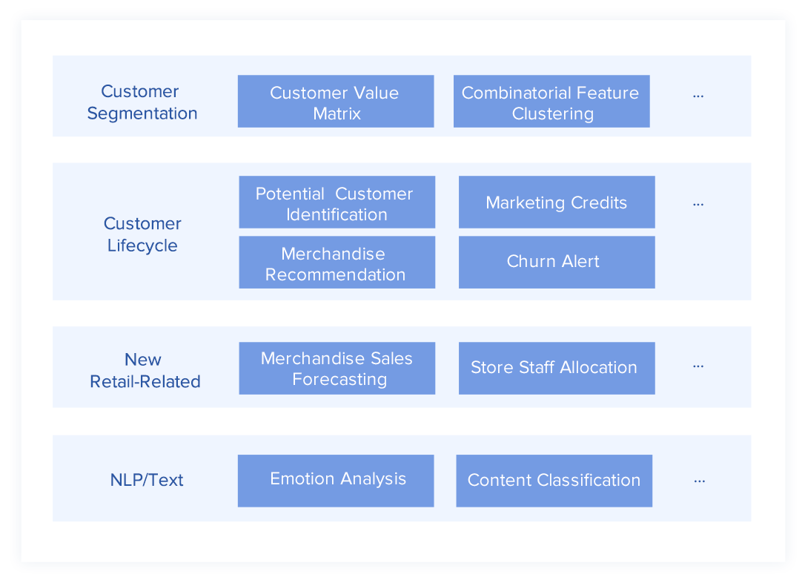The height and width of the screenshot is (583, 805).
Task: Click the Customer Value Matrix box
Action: [336, 101]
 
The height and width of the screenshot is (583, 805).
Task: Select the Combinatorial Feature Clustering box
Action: [551, 101]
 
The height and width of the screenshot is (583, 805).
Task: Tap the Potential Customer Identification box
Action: [337, 202]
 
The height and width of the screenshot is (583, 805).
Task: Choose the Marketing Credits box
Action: [557, 202]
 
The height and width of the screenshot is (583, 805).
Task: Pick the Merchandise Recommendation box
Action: [337, 262]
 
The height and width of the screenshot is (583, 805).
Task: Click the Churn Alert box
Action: [557, 262]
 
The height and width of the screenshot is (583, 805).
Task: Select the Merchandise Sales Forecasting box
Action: [337, 369]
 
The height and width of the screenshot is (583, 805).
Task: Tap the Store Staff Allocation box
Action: [557, 369]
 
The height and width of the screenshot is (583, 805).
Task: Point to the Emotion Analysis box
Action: [336, 481]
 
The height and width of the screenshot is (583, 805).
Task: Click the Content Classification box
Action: [554, 481]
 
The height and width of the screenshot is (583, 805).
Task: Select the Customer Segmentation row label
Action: [142, 102]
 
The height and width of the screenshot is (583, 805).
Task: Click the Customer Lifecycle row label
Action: [142, 234]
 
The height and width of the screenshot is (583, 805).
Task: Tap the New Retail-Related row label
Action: [145, 370]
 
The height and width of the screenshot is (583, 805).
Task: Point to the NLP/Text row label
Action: [147, 480]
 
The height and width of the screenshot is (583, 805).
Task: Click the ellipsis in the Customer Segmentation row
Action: [698, 96]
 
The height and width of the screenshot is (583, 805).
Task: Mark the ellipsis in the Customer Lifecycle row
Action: [698, 205]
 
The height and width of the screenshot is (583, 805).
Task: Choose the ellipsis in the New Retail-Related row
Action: [698, 366]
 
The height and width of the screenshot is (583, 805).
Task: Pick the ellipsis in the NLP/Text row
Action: [699, 481]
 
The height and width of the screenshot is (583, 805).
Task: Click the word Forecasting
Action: [339, 380]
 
